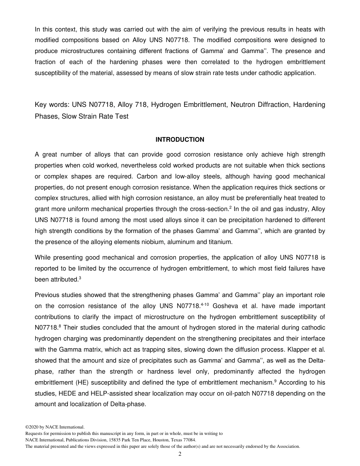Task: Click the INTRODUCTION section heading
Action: [x=180, y=140]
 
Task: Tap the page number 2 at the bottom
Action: [x=180, y=454]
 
